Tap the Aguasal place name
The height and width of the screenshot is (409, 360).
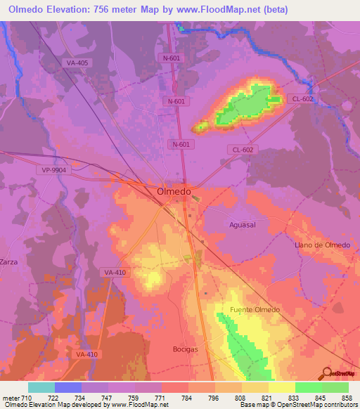tap(246, 224)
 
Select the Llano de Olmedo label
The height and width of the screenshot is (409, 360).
tap(321, 245)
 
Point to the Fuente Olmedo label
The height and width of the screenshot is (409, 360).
tap(255, 310)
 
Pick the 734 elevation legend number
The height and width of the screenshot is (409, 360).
tap(82, 398)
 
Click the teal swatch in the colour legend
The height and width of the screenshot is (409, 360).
tap(41, 387)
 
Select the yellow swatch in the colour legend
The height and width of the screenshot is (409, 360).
tap(281, 387)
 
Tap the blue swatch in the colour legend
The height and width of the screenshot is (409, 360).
tap(68, 387)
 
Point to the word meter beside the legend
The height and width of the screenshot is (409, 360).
tap(11, 398)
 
